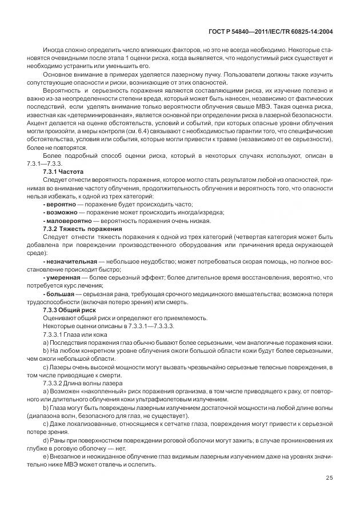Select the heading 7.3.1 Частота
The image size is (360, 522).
coord(63,171)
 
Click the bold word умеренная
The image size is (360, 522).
coord(64,277)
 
